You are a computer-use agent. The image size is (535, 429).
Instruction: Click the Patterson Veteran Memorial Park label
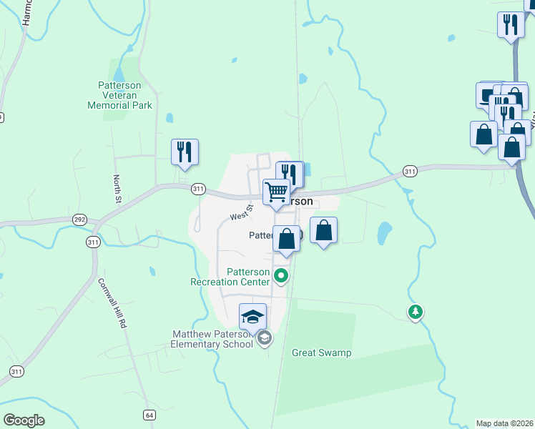pos(119,94)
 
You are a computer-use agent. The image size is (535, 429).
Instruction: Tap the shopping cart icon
pos(276,192)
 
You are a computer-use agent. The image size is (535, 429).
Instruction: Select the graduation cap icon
pos(252,316)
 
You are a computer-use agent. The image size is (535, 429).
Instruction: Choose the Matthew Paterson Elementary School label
pos(213,339)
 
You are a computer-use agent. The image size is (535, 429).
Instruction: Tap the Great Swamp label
pos(322,352)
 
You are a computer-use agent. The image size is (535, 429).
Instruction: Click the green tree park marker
pos(415,311)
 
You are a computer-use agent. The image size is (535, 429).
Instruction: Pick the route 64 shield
pos(149,415)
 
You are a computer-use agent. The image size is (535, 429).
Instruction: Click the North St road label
pos(117,189)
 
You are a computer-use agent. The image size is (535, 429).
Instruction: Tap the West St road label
pos(242,212)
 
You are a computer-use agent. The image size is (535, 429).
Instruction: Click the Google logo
pos(24,420)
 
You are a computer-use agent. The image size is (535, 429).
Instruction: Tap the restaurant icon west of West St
pos(185,152)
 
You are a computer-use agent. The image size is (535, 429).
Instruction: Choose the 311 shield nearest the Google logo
pos(16,370)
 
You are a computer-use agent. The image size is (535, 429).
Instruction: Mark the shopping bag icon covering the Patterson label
pos(286,240)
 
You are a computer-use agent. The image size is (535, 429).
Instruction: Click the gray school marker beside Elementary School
pos(265,338)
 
